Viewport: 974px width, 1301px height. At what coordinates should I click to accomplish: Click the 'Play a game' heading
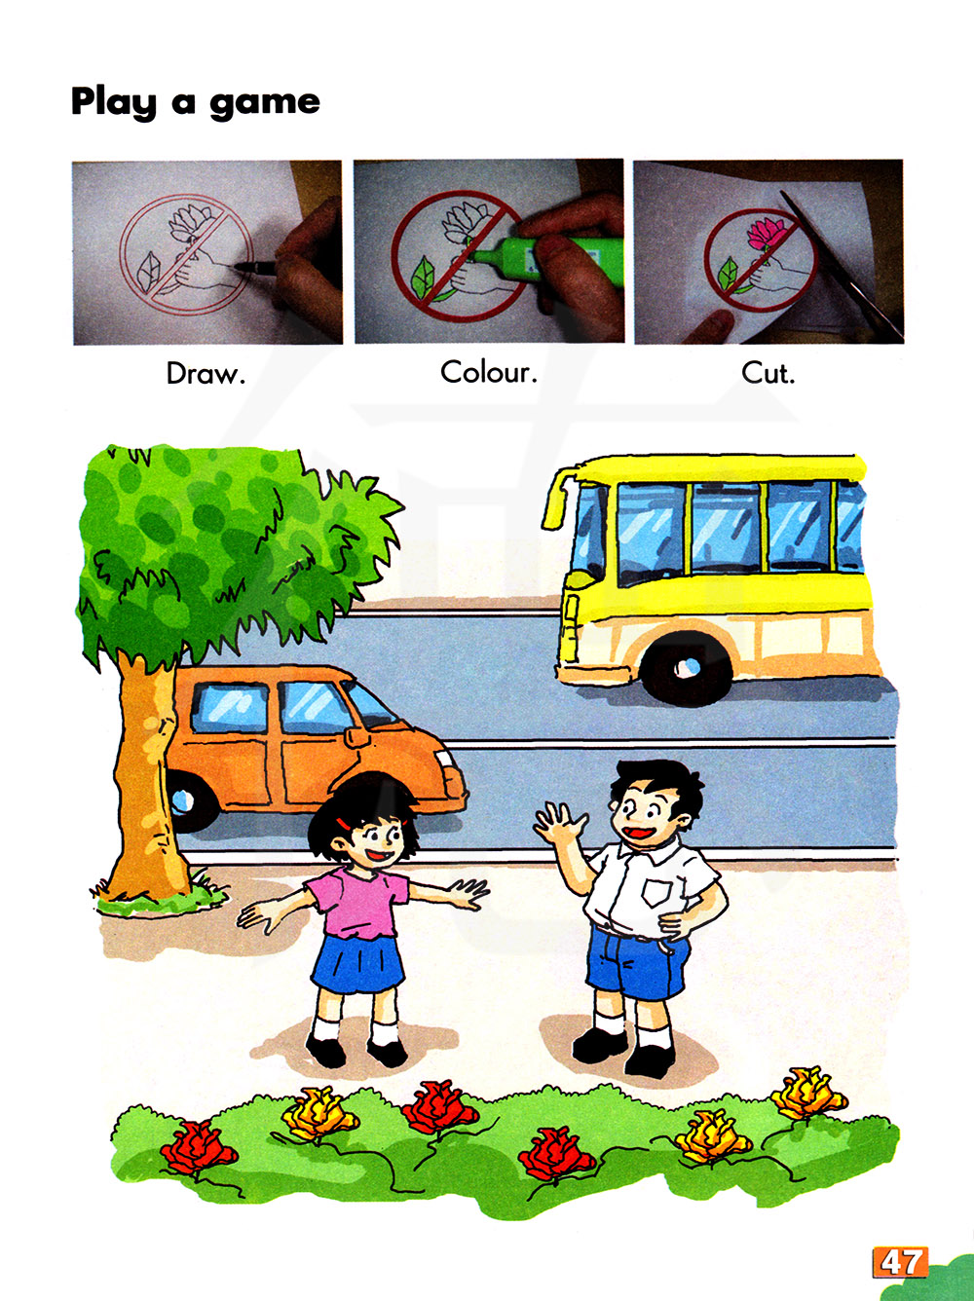coord(195,102)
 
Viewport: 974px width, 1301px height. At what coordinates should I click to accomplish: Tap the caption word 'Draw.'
coord(206,374)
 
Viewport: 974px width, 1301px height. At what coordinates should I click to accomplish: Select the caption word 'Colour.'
coord(489,372)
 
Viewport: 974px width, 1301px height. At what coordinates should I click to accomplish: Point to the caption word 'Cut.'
coord(768,373)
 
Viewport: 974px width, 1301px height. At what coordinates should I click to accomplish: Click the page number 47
coord(901,1262)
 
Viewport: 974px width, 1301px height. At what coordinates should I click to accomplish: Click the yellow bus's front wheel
coord(686,668)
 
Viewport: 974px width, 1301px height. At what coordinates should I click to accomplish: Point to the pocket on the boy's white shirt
coord(656,893)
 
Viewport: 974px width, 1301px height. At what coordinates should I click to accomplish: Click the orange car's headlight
coord(444,760)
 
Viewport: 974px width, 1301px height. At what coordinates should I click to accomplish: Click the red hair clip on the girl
coord(343,823)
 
